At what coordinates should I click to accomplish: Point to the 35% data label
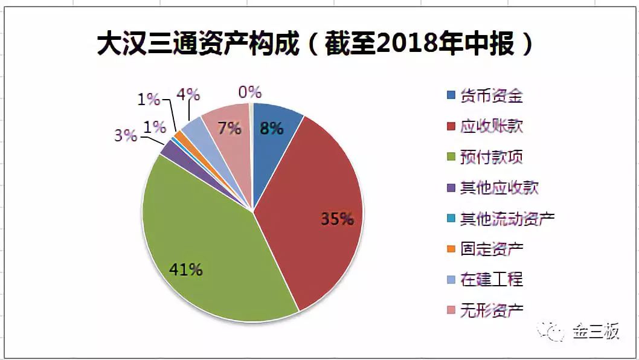[x=337, y=219]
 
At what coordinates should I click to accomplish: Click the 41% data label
[x=186, y=270]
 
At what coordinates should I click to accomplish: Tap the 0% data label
[x=249, y=92]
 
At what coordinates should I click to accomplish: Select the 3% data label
[x=126, y=135]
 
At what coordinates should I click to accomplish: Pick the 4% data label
[x=188, y=95]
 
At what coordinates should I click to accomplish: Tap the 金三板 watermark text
[x=596, y=332]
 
